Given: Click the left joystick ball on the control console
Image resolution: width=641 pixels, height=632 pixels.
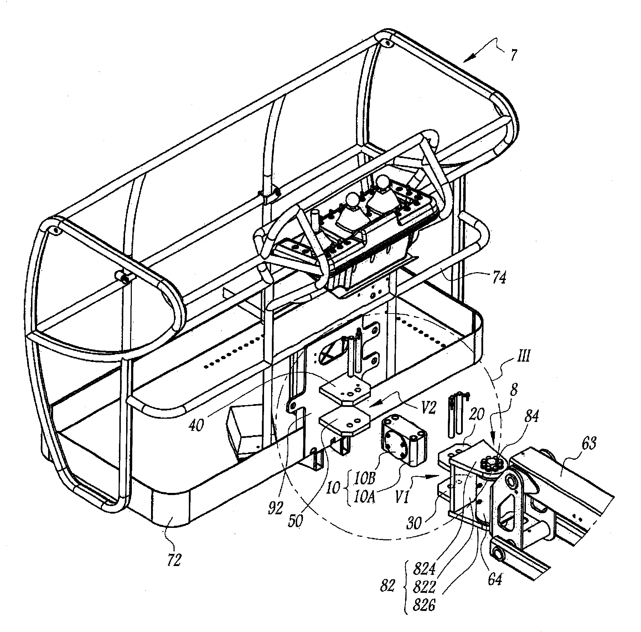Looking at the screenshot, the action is pos(354,199).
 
